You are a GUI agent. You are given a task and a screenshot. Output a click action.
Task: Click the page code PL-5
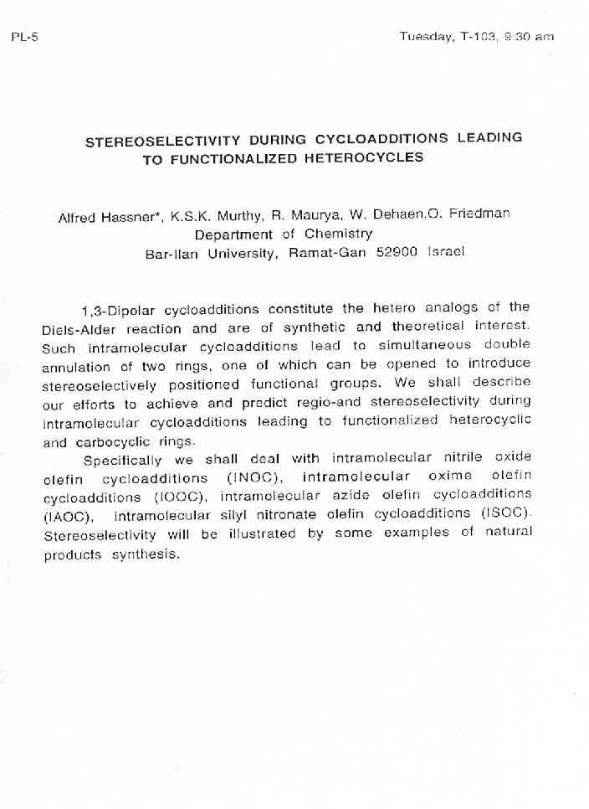pos(24,37)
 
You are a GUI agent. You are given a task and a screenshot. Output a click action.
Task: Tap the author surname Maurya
pos(311,215)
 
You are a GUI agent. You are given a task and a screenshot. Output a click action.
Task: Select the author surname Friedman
pos(479,214)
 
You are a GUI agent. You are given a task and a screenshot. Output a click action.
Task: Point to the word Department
pos(233,234)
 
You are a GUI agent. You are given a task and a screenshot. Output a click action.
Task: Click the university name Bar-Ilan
pos(172,254)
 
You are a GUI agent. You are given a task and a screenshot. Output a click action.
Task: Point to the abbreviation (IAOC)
pos(69,516)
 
